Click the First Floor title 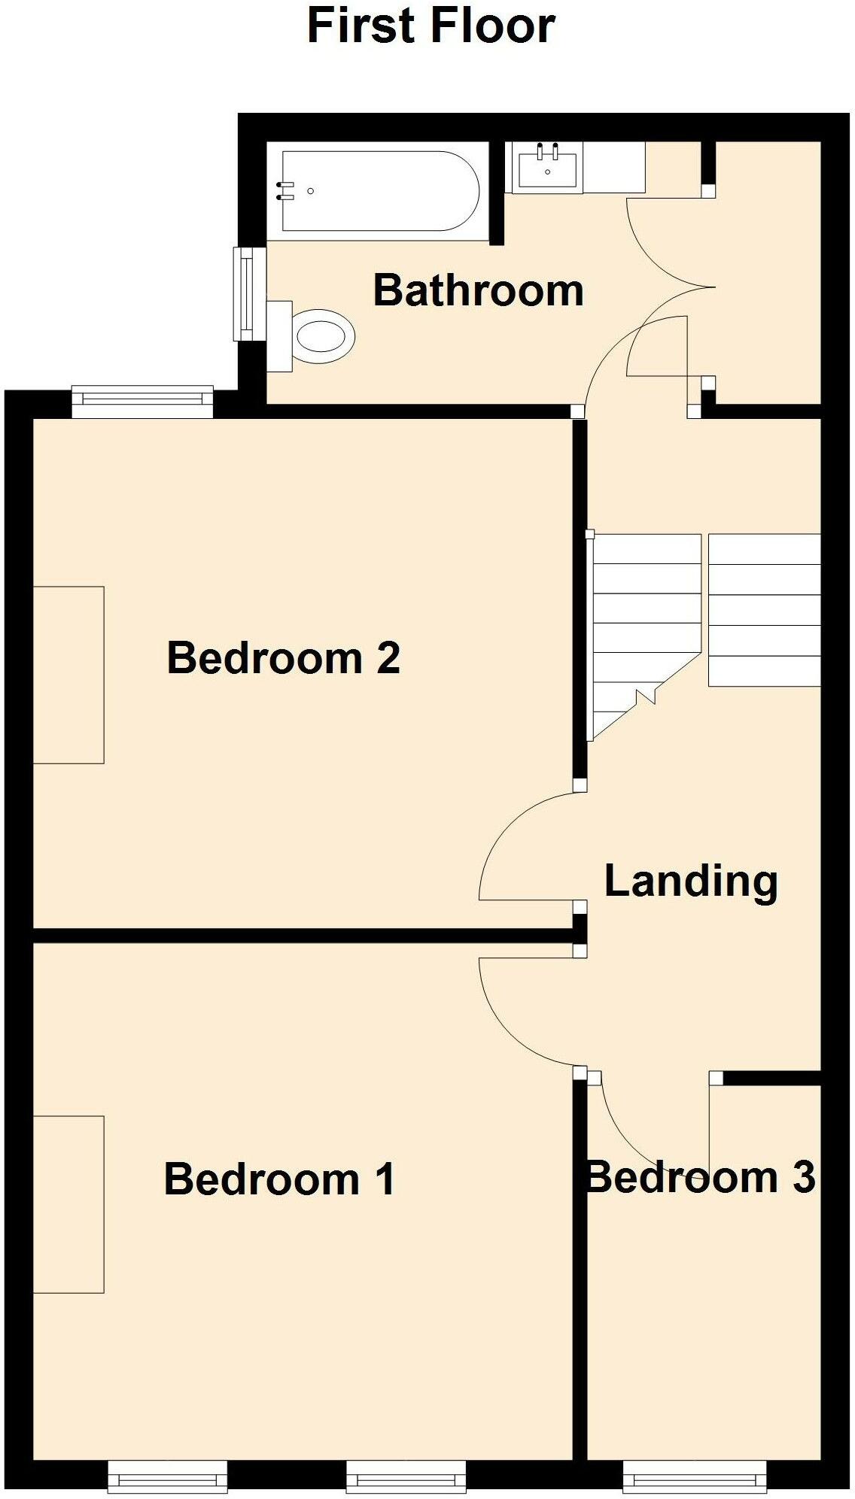pyautogui.click(x=431, y=26)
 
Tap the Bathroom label pyautogui.click(x=478, y=291)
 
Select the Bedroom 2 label pyautogui.click(x=283, y=658)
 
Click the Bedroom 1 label pyautogui.click(x=279, y=1179)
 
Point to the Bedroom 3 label pyautogui.click(x=700, y=1177)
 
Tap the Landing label pyautogui.click(x=690, y=881)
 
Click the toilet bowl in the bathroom pyautogui.click(x=324, y=335)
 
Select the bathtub pyautogui.click(x=380, y=192)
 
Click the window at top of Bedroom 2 pyautogui.click(x=142, y=402)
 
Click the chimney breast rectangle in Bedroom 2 pyautogui.click(x=68, y=675)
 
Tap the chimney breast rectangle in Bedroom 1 pyautogui.click(x=68, y=1204)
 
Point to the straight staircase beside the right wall pyautogui.click(x=764, y=610)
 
